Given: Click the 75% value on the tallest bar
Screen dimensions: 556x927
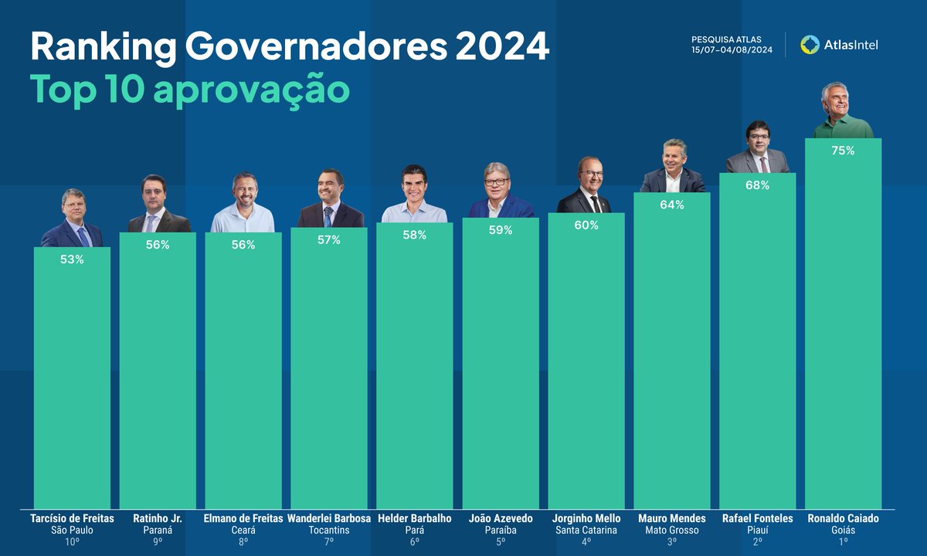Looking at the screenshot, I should coord(843,151).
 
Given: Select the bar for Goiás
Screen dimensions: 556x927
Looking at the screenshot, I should coord(843,324).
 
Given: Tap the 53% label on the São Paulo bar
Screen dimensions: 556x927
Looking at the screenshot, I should coord(72,259).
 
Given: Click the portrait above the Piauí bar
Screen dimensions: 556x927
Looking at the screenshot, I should coord(757,147).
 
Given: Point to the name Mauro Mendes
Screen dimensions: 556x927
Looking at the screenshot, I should coord(672,519).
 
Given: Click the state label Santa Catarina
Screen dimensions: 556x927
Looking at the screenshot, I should coord(586,531).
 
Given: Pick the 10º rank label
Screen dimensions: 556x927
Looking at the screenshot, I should coord(72,542).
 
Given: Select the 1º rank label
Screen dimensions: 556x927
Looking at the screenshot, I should coord(843,542).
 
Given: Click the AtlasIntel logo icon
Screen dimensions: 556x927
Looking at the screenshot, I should coord(810,45).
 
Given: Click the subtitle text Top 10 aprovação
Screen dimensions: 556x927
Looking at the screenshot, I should coord(189,90).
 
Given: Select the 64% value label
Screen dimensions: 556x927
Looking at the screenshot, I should coord(672,205).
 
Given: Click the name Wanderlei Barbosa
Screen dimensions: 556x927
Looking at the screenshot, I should coord(329,519).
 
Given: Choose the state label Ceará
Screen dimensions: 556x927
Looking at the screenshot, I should coord(243,531).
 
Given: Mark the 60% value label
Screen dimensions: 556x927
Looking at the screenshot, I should coord(586,225).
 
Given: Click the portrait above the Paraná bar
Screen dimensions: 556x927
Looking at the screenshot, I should coord(158,205).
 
